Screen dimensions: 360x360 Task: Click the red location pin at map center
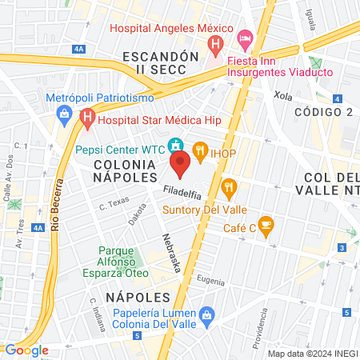[180, 165]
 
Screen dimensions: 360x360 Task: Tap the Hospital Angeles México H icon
[214, 43]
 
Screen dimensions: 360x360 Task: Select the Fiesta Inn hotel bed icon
[246, 38]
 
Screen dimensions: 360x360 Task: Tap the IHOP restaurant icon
[199, 149]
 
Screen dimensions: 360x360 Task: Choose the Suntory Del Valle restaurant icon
[230, 189]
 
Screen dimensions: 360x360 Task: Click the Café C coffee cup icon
[266, 224]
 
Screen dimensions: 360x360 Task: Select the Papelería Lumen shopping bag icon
[206, 314]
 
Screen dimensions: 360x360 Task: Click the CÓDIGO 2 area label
[323, 111]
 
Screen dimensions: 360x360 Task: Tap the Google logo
[26, 350]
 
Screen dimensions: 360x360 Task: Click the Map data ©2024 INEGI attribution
[311, 354]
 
